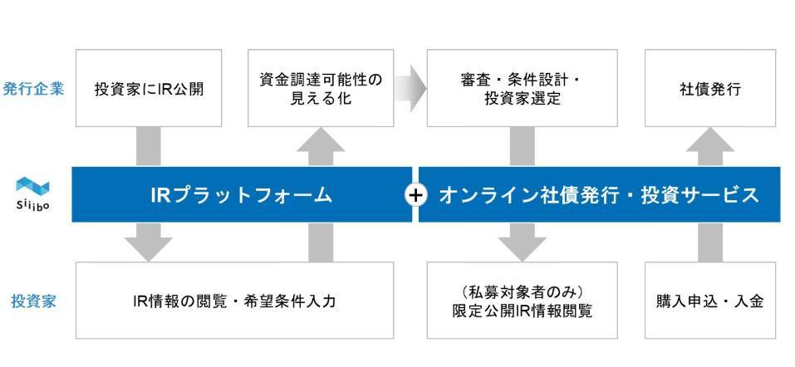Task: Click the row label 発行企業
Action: (33, 89)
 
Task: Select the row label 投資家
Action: (33, 301)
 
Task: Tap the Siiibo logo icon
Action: (33, 187)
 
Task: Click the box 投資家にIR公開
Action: (149, 89)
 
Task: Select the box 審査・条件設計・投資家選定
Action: (522, 89)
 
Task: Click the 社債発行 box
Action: (709, 89)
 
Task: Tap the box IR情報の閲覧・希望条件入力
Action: (234, 301)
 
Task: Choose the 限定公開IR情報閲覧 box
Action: (522, 301)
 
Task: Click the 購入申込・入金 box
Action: (709, 301)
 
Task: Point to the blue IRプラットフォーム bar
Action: (241, 195)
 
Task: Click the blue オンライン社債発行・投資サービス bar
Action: (598, 195)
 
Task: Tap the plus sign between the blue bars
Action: (415, 195)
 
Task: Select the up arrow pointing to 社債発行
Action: (709, 148)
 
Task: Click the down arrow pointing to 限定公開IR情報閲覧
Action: (522, 242)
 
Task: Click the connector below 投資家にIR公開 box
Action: (149, 147)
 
